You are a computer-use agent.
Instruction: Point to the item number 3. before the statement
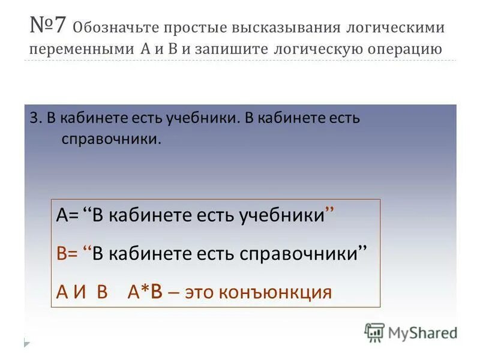(x=35, y=118)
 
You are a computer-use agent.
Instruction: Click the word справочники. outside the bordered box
(x=112, y=139)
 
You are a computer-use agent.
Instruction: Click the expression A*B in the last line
(x=145, y=292)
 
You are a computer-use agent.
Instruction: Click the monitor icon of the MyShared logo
(x=374, y=331)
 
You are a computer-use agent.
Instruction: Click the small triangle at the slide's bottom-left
(x=27, y=343)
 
